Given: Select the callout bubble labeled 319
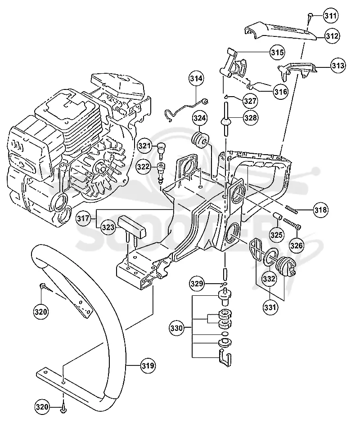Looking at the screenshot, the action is coord(148,365).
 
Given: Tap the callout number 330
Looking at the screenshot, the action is coord(177,328).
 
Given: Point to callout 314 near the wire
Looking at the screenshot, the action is coord(196,78).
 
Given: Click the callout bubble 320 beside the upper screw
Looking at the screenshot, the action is coord(41,312).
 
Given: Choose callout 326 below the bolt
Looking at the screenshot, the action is coord(297,245).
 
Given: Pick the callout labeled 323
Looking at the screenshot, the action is coord(108,227).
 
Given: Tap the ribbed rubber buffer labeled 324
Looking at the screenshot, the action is coord(200,140).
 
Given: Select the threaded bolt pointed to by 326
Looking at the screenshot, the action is coord(292,224).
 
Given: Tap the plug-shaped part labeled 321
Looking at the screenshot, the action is coord(161,149).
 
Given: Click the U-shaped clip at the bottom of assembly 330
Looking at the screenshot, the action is coord(224,358).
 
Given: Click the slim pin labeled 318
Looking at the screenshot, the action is coord(292,209).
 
